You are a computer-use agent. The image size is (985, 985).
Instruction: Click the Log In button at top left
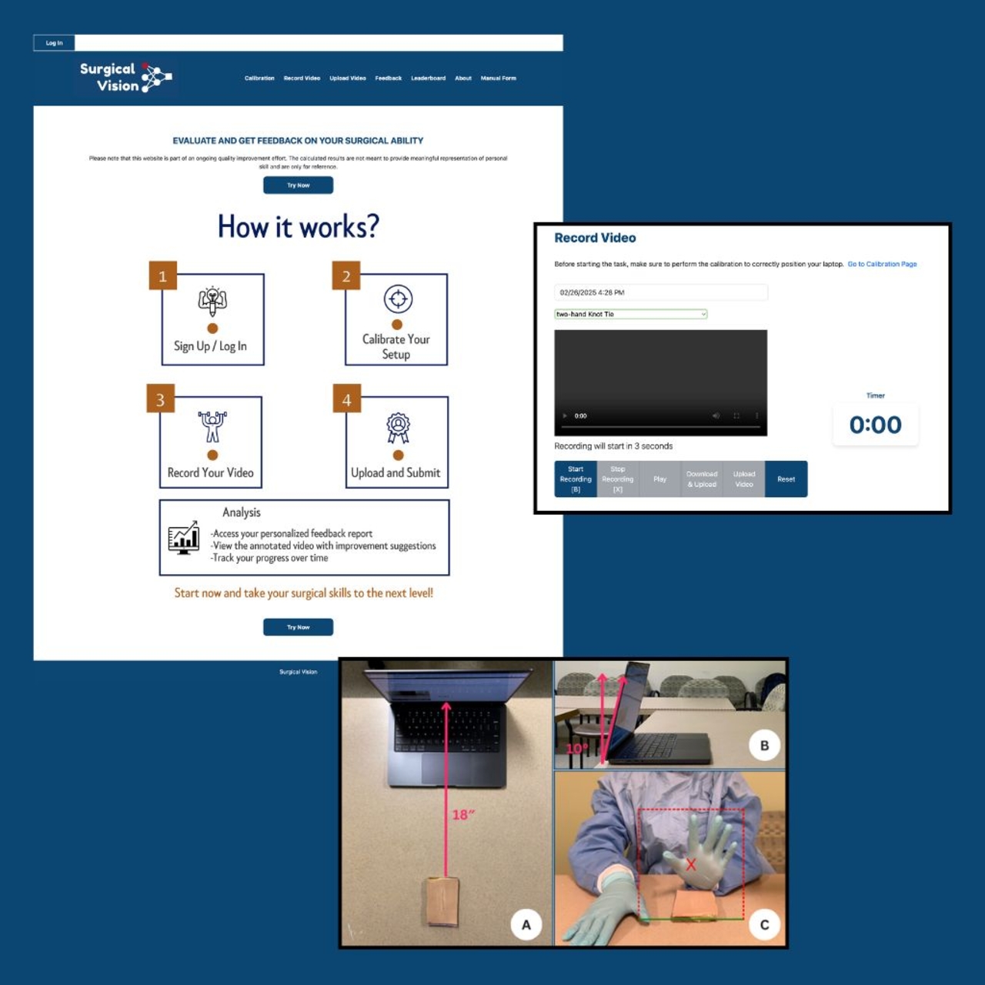[54, 43]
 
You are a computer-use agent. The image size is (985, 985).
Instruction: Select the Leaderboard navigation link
[428, 78]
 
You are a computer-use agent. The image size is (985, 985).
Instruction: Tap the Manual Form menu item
[498, 78]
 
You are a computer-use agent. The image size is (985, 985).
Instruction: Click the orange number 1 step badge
[162, 276]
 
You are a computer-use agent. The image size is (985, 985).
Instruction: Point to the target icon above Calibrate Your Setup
[398, 299]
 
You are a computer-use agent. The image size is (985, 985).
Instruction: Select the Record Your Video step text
[210, 473]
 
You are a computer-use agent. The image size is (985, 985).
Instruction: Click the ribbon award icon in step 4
[398, 428]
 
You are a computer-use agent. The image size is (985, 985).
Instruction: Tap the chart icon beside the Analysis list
[184, 538]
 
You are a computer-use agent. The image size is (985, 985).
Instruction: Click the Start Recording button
[576, 479]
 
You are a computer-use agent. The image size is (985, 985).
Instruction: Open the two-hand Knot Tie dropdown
[630, 314]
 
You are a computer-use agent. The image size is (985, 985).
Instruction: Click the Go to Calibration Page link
[882, 264]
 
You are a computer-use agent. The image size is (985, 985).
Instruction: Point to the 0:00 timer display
[875, 425]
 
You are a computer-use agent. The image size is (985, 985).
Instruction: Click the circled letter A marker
[526, 924]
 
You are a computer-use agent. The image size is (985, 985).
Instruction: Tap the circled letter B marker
[764, 745]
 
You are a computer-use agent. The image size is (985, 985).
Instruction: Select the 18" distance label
[463, 814]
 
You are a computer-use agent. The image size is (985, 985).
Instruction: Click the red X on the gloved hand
[690, 864]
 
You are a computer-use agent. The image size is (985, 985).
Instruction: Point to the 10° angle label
[576, 749]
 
